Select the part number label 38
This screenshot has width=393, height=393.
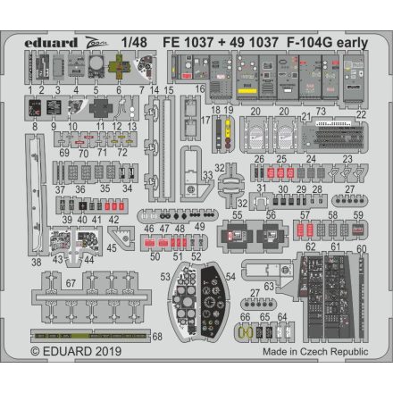point(36,263)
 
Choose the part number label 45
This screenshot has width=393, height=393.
point(113,250)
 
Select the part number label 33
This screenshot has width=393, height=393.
point(207,175)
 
